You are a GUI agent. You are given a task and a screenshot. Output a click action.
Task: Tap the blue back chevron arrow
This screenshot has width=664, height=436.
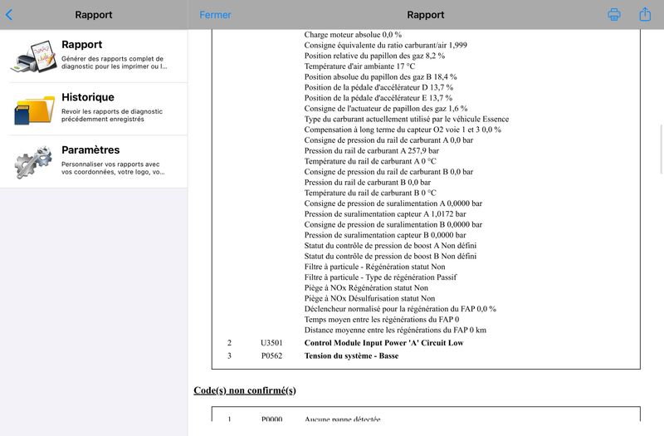[x=9, y=14]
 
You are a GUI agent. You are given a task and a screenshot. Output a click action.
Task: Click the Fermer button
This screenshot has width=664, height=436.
[x=216, y=15]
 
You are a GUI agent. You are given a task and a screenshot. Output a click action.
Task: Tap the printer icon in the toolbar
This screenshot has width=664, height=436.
[x=614, y=15]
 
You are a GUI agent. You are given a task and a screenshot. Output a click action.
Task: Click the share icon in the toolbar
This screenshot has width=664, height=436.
[x=645, y=14]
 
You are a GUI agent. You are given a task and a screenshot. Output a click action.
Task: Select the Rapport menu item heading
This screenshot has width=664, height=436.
[x=82, y=45]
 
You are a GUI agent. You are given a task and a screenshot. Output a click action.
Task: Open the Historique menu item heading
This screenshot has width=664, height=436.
[x=88, y=97]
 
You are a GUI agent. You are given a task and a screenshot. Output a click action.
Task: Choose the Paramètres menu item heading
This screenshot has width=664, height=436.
[x=90, y=150]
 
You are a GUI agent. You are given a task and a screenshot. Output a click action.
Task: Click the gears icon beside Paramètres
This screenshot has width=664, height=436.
[x=33, y=161]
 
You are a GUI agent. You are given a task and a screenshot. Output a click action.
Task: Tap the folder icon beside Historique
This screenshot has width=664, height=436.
[x=33, y=109]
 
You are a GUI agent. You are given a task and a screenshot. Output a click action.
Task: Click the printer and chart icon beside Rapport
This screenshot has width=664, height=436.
[x=33, y=56]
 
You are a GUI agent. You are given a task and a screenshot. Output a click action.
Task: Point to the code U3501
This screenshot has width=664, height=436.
[x=271, y=342]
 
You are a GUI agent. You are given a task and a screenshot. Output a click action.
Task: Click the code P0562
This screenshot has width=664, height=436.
[x=271, y=356]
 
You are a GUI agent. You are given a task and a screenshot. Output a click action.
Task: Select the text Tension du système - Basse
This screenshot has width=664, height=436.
[x=351, y=356]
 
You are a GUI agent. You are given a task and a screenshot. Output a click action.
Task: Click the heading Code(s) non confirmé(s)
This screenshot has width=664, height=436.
[x=245, y=389]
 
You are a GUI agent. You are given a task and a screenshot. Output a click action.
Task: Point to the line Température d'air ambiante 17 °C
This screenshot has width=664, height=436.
[x=359, y=66]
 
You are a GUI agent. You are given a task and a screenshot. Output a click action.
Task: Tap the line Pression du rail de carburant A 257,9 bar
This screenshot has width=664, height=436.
[x=372, y=150]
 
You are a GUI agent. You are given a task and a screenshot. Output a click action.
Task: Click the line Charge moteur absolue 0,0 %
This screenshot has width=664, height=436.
[x=353, y=35]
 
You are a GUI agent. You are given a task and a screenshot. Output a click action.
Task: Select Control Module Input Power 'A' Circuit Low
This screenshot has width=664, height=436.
[x=383, y=342]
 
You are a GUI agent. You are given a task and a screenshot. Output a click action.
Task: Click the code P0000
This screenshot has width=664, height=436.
[x=271, y=419]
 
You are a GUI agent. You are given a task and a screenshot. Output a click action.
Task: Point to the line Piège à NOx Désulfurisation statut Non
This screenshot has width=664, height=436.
[x=369, y=298]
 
